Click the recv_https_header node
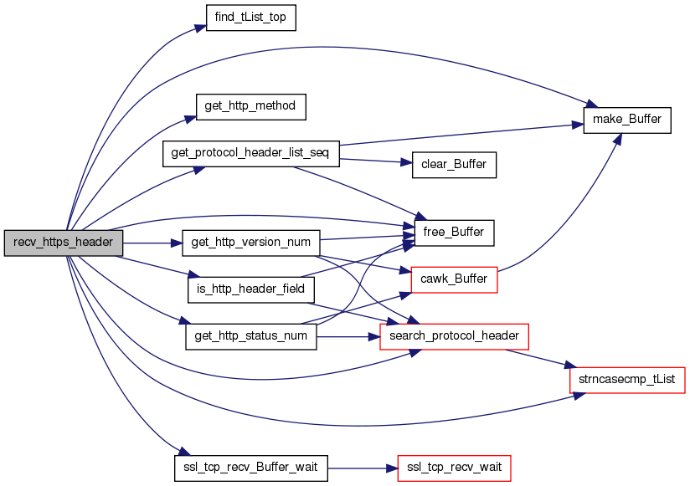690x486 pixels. [64, 243]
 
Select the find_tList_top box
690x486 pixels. [251, 18]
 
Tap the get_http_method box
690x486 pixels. [251, 107]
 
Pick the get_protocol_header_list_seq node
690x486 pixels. [251, 154]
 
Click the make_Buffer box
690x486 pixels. [627, 120]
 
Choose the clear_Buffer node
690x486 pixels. [454, 165]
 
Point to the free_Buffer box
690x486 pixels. [454, 233]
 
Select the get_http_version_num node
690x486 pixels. [251, 243]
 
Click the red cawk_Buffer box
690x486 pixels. [454, 279]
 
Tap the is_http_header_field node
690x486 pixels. [251, 289]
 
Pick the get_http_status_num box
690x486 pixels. [251, 336]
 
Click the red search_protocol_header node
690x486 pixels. [454, 336]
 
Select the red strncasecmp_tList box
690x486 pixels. [627, 380]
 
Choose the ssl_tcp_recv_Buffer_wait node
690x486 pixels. [251, 468]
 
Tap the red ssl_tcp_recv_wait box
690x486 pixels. [454, 468]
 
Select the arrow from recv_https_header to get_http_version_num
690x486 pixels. [152, 243]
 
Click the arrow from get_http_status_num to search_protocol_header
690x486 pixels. [348, 337]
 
